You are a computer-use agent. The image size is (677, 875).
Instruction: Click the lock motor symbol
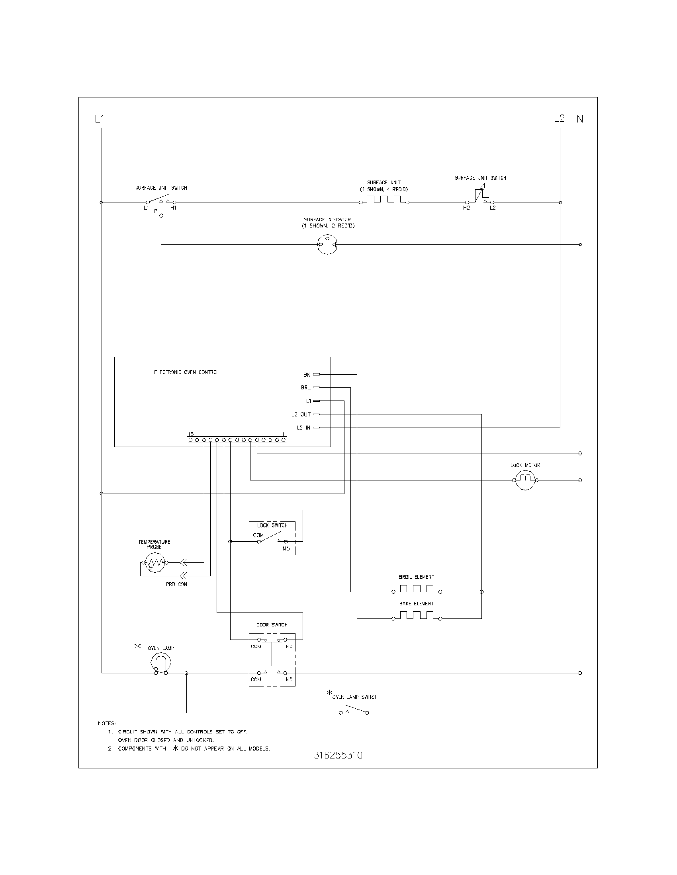[525, 480]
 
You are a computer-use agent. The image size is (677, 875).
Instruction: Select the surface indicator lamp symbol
[327, 244]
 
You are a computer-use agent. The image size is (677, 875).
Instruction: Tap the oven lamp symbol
[161, 665]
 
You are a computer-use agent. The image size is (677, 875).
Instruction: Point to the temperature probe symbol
[155, 563]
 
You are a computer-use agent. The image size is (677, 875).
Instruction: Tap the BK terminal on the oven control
[316, 375]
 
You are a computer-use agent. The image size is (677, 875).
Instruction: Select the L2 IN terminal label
[303, 428]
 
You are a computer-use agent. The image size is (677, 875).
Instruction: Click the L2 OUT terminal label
[301, 415]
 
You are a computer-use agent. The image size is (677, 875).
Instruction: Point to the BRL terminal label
[305, 388]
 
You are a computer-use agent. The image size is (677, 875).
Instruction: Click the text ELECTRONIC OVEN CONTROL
[186, 373]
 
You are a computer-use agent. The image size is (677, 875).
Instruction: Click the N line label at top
[580, 119]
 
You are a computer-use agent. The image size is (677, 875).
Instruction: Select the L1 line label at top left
[100, 119]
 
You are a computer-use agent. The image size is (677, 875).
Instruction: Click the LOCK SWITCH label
[272, 526]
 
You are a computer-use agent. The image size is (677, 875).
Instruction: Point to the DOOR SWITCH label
[272, 625]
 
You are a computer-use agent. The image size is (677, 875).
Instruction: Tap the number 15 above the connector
[191, 434]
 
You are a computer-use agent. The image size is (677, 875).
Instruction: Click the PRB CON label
[176, 585]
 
